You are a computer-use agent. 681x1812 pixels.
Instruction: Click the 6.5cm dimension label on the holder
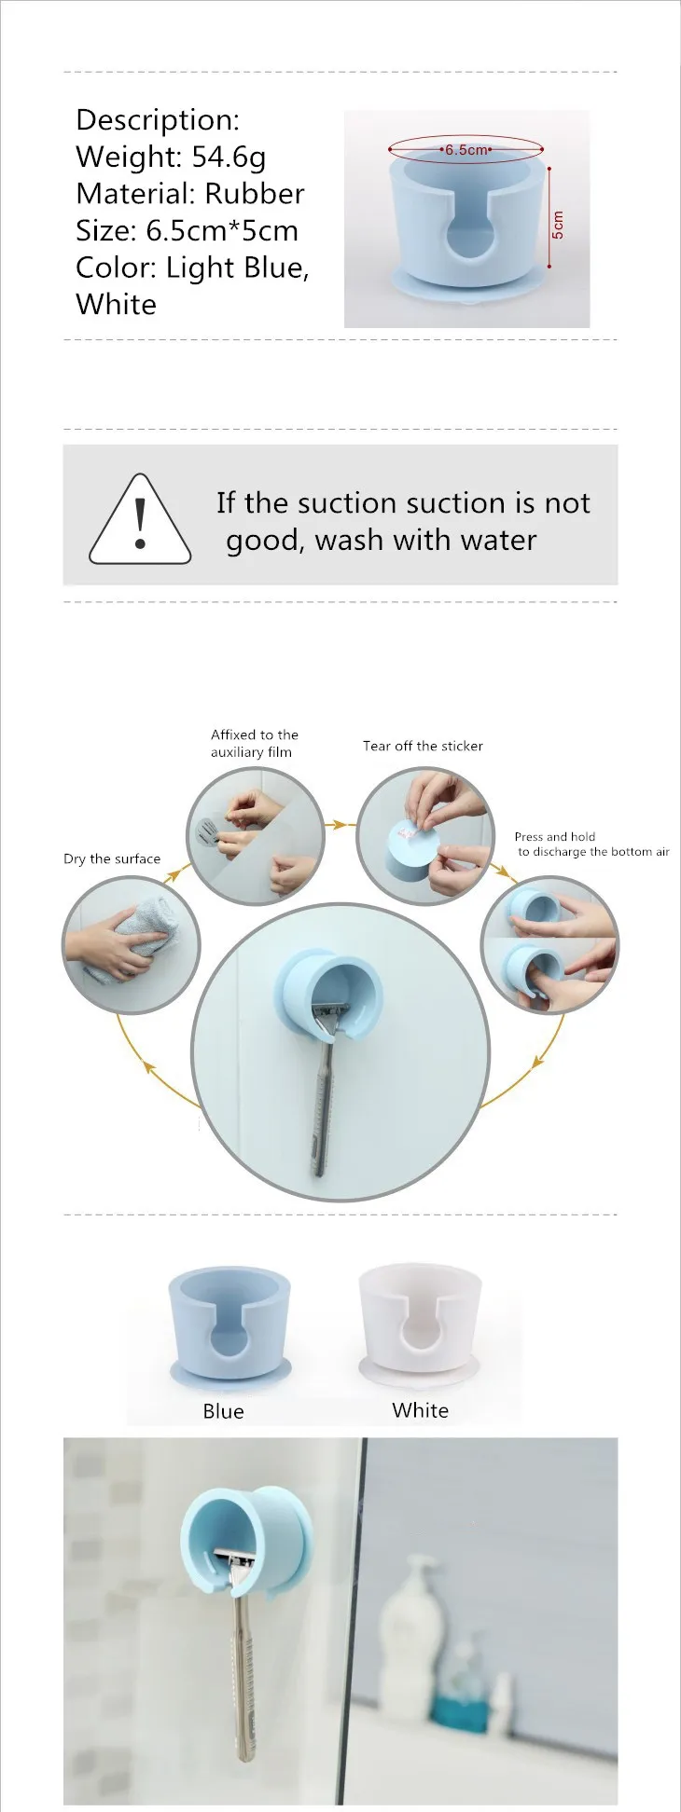466,149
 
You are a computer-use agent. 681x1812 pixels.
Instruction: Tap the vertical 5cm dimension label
558,225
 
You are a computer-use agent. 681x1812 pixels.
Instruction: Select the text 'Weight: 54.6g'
171,157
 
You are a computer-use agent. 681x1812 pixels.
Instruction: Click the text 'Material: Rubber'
190,193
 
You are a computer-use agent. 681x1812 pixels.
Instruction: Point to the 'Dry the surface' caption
112,858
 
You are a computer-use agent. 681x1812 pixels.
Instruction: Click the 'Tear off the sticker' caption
423,746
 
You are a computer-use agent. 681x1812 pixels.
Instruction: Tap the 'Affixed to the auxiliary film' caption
254,743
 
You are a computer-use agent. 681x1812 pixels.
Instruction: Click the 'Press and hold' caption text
554,836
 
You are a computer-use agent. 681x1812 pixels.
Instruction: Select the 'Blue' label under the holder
223,1411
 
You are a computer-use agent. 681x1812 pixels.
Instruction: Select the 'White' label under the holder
420,1409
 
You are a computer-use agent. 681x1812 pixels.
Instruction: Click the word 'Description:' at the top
158,119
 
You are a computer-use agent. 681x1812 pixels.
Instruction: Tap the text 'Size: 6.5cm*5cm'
187,230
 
